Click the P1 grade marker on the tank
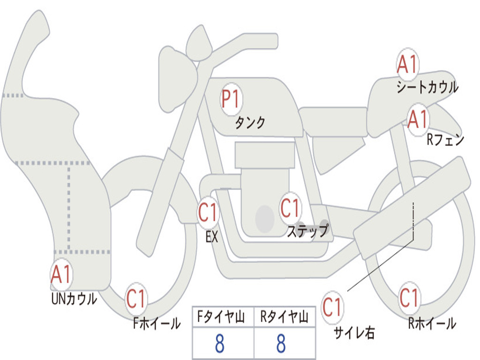pos(232,99)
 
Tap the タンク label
pos(250,122)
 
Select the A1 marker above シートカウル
pos(408,64)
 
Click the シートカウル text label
pos(427,87)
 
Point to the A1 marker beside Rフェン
pos(418,120)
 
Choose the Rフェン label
pos(445,140)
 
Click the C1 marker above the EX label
pos(208,212)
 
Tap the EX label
pos(212,237)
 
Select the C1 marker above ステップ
pos(290,208)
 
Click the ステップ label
pos(308,231)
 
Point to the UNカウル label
pos(75,299)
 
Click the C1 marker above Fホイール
pos(136,299)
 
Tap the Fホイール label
pos(157,323)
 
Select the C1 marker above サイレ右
pos(332,307)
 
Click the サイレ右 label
pos(354,332)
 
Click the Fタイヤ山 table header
pos(221,316)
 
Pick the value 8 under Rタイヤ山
pos(281,343)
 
